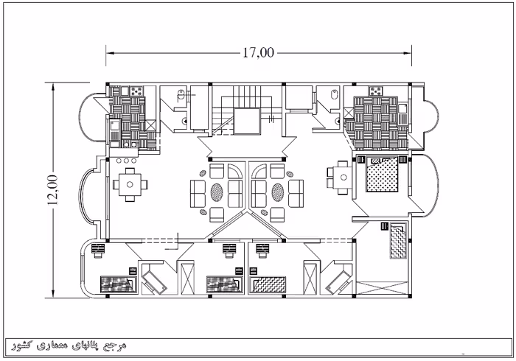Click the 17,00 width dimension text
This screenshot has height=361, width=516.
tap(258, 52)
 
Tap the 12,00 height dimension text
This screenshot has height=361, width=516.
tap(52, 189)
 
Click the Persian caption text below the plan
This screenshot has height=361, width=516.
tap(69, 346)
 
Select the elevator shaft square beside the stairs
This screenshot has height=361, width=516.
tap(247, 122)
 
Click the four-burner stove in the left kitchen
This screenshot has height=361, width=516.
tap(137, 91)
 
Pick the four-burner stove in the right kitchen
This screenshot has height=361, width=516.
tap(375, 91)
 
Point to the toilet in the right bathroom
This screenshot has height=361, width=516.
tap(335, 94)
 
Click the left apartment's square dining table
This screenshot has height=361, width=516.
tap(130, 184)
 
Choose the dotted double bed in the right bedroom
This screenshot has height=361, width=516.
tap(383, 175)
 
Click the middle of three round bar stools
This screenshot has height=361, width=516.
tap(127, 161)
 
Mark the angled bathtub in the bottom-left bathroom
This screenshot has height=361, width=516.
tap(154, 278)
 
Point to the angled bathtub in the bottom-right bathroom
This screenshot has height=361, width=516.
tap(339, 280)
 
